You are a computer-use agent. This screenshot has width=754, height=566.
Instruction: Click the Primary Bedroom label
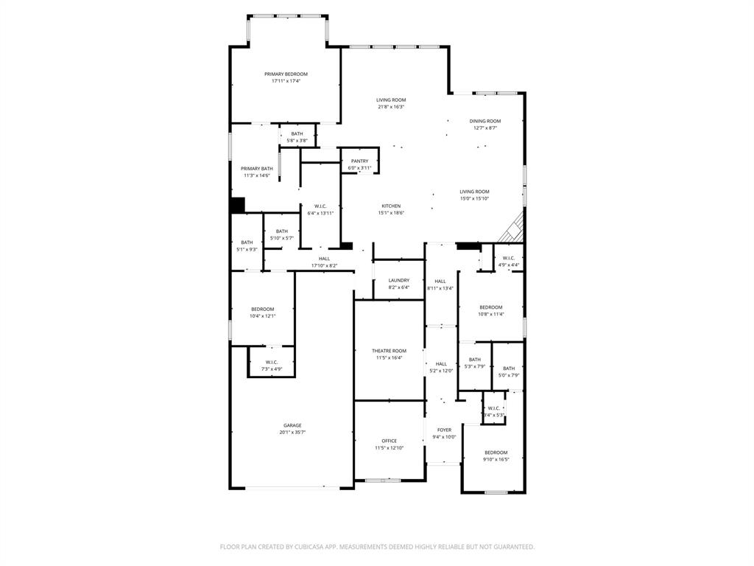[x=286, y=74]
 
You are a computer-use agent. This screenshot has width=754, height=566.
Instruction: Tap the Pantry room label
[x=359, y=161]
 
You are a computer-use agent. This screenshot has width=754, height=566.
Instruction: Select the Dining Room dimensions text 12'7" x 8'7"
[x=485, y=128]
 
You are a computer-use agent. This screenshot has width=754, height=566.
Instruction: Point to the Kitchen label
[x=391, y=206]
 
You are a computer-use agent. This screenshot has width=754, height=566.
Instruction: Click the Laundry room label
[x=398, y=280]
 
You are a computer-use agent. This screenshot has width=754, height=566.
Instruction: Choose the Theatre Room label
[x=389, y=351]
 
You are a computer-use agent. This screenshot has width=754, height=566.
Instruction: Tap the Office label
[x=389, y=441]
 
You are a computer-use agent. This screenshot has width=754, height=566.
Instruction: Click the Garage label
[x=292, y=425]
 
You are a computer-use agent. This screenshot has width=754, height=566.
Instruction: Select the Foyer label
[x=444, y=430]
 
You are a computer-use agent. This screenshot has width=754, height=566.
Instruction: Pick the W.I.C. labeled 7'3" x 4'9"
[x=271, y=362]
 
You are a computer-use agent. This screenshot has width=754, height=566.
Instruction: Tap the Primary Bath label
[x=256, y=169]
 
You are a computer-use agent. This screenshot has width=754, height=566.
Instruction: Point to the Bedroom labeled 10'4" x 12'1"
[x=262, y=309]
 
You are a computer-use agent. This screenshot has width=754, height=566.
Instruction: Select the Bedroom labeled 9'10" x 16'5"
[x=496, y=453]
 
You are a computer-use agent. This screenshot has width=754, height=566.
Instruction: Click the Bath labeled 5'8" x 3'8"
[x=297, y=133]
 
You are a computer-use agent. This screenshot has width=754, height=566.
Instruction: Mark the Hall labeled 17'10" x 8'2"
[x=324, y=259]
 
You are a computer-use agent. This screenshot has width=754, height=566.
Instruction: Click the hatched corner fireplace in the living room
[x=513, y=231]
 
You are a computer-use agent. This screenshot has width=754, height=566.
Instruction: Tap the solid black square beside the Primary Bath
[x=237, y=206]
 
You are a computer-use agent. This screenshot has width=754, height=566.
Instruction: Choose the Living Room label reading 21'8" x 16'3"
[x=391, y=100]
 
